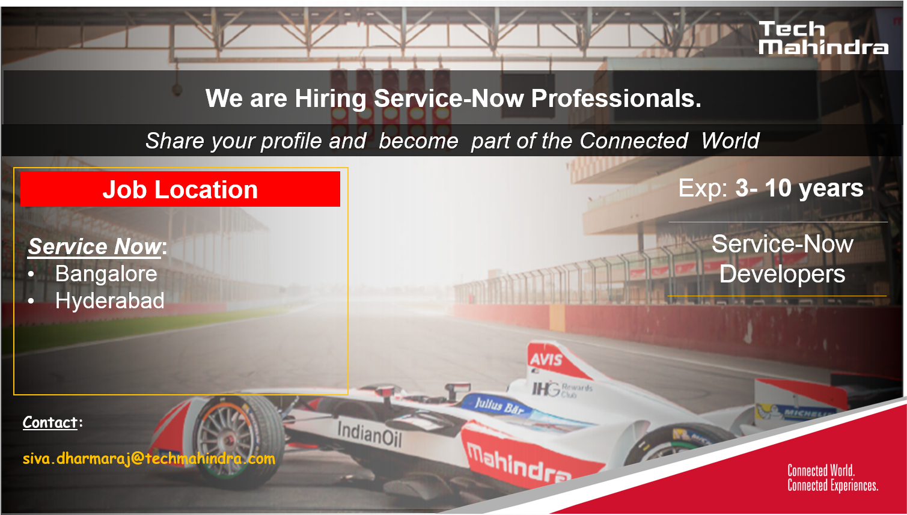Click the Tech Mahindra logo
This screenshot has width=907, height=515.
click(823, 38)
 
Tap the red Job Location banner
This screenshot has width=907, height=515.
click(180, 189)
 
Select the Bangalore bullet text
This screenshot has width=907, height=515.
click(106, 273)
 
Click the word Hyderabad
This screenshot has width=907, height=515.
click(110, 301)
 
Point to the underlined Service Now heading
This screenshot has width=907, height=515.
click(95, 246)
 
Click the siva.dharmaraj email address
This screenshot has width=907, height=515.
click(149, 459)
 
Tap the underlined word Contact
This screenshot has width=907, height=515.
click(50, 422)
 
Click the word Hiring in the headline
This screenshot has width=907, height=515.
click(331, 99)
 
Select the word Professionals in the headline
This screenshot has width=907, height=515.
click(616, 99)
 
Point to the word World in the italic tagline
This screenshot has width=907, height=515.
click(730, 141)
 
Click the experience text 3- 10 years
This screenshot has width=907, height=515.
click(799, 188)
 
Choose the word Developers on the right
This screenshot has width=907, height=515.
click(783, 274)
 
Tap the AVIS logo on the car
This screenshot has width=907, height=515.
click(546, 359)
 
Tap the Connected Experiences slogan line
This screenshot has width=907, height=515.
click(832, 486)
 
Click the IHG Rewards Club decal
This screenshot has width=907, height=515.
click(562, 389)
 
